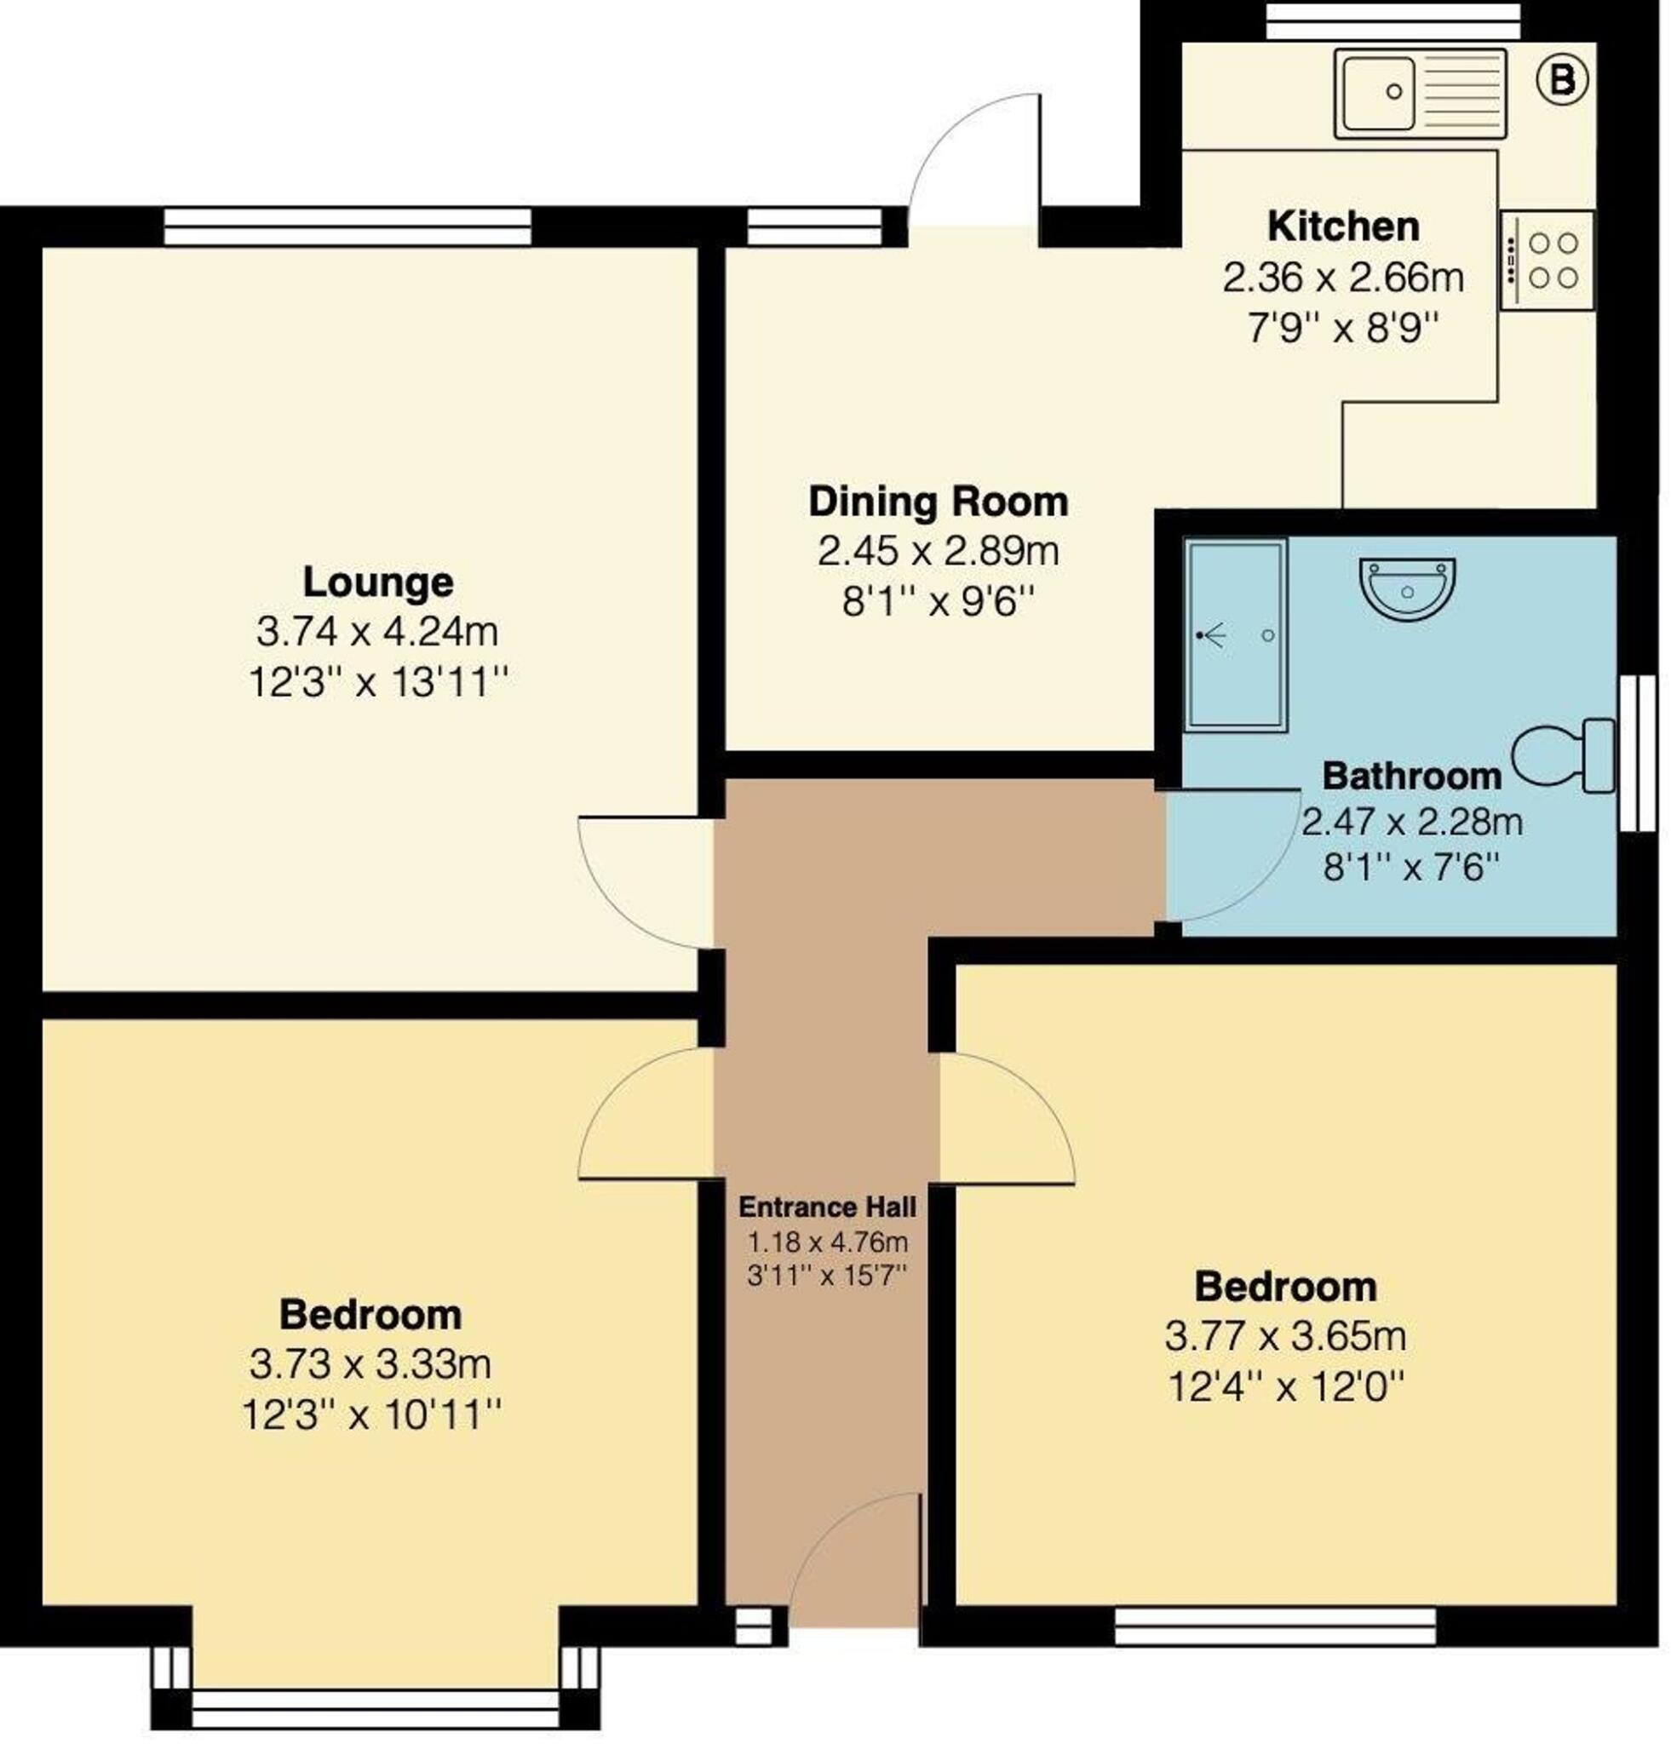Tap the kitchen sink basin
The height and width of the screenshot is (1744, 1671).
(1376, 92)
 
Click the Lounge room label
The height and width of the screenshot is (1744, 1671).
(378, 582)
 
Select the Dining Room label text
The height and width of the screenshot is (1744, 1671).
(938, 502)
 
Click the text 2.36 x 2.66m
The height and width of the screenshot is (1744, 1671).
(1341, 278)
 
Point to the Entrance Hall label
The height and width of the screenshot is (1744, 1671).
(827, 1208)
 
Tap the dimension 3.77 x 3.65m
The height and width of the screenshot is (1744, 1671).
(1285, 1335)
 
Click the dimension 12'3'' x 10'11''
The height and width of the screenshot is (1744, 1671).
(371, 1414)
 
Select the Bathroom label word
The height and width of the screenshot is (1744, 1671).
(1411, 776)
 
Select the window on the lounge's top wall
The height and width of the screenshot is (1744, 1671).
(347, 226)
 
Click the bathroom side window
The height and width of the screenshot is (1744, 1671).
(1636, 753)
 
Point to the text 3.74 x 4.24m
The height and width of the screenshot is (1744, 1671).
(377, 633)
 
